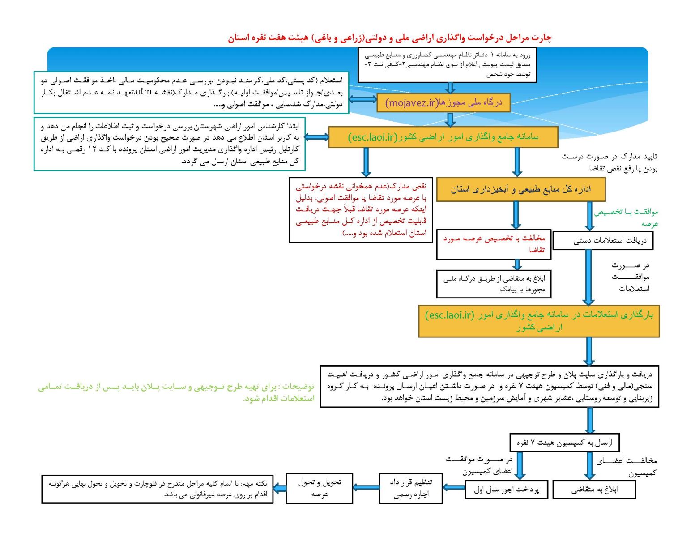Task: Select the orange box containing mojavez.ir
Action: tap(443, 103)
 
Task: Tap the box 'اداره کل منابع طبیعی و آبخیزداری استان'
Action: tap(520, 189)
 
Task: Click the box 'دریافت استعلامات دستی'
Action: tap(603, 241)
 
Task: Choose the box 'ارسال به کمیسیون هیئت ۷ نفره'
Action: tap(564, 443)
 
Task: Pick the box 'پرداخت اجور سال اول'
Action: tap(506, 490)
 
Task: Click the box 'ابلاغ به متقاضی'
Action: tap(594, 490)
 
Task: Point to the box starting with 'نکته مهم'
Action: tap(157, 489)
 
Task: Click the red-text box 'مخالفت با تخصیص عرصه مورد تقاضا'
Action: tap(494, 244)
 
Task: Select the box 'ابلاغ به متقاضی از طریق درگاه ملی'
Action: tap(494, 284)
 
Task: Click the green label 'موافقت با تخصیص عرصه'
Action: tap(626, 217)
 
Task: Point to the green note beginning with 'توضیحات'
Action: tap(176, 392)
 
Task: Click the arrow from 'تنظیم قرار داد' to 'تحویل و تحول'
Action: tap(366, 487)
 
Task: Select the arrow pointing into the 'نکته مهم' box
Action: tap(280, 488)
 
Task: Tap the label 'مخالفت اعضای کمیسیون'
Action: tap(627, 466)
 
